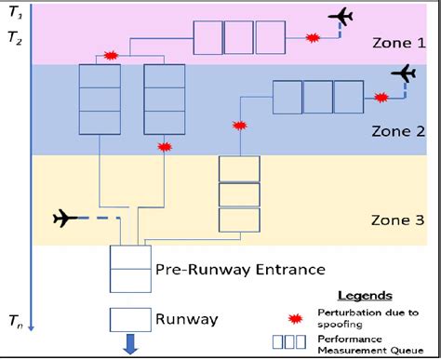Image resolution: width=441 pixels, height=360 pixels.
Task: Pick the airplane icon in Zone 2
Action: [404, 73]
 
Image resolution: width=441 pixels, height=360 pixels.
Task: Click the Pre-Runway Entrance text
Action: [227, 270]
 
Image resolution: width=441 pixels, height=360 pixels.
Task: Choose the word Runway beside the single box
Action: [188, 320]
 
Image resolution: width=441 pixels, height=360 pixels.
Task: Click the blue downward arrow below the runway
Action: [129, 346]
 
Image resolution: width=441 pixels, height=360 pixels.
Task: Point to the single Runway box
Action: [129, 320]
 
